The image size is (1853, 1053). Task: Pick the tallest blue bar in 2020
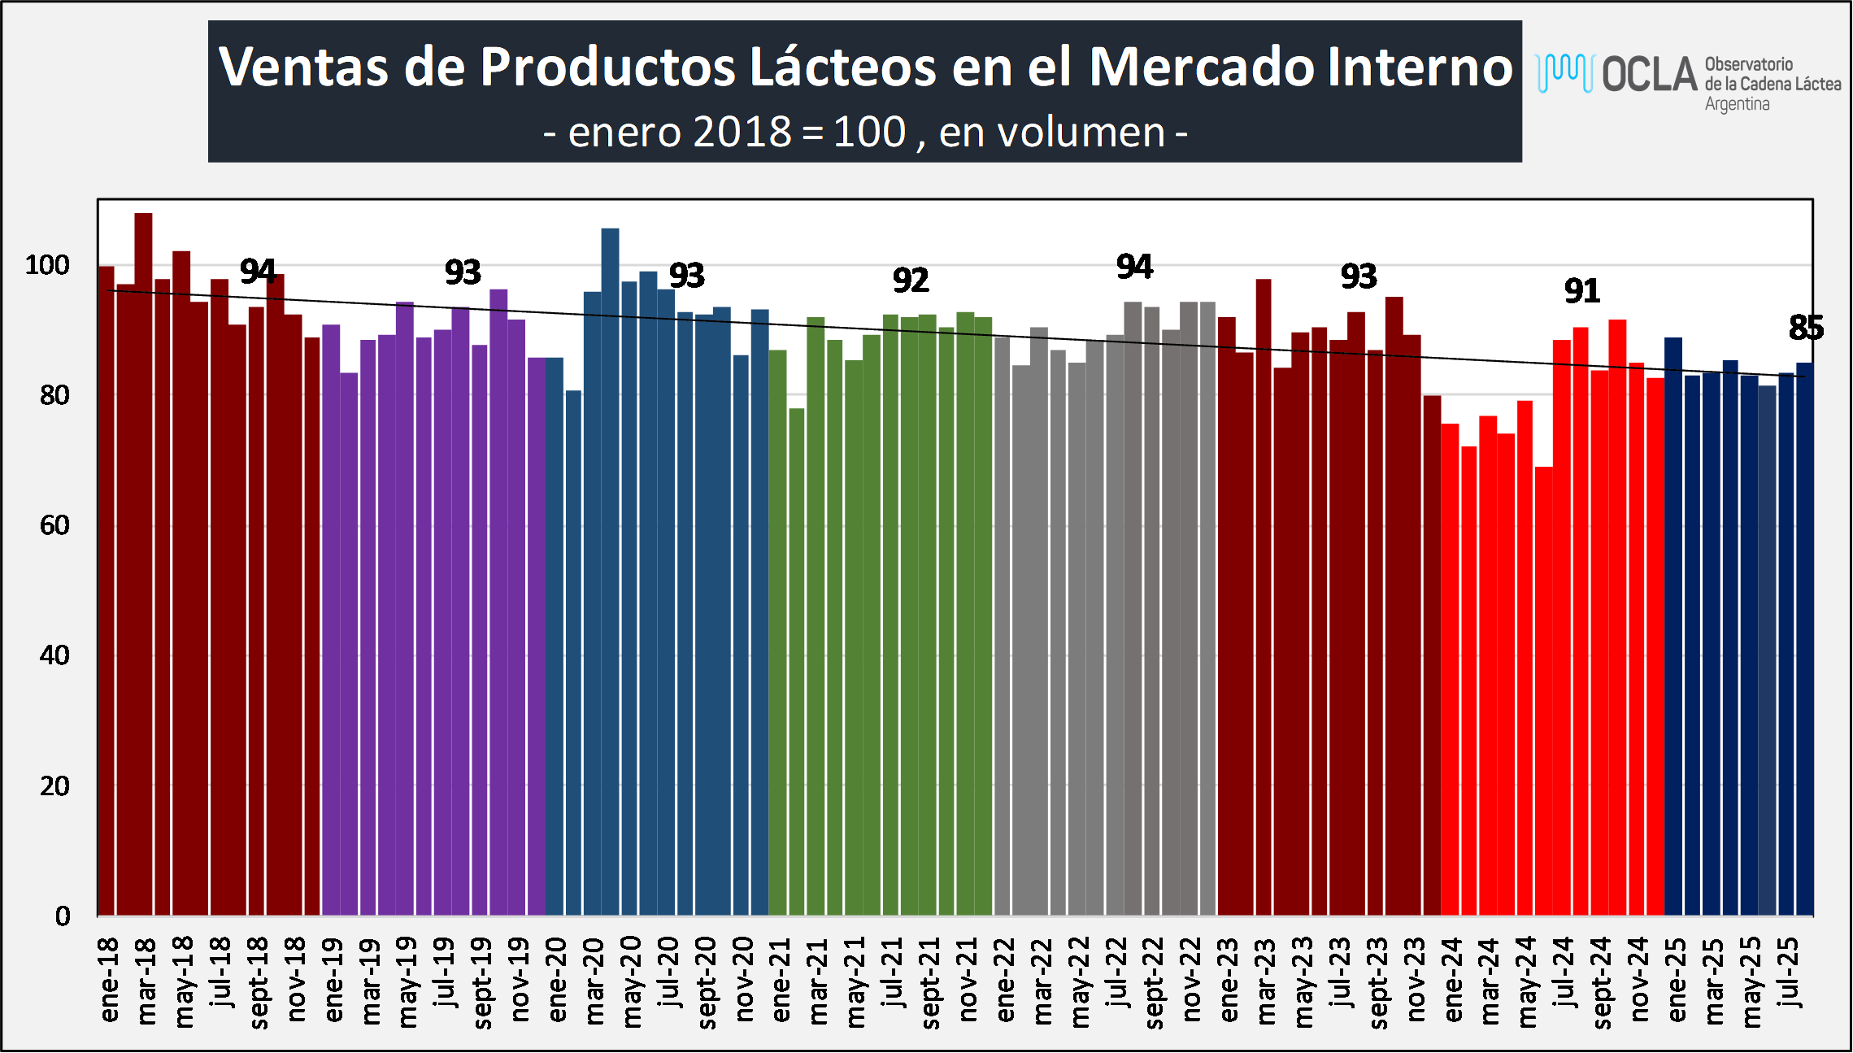point(610,569)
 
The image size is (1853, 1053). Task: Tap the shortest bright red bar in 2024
point(1543,691)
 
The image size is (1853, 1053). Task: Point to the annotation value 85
point(1806,328)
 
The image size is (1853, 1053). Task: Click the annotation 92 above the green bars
point(910,281)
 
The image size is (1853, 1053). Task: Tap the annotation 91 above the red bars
point(1581,291)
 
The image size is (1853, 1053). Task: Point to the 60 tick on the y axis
point(54,525)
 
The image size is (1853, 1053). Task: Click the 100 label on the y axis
point(47,265)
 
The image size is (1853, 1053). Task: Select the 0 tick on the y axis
point(63,916)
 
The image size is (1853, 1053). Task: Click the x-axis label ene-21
point(781,980)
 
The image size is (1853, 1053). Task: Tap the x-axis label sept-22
point(1154,982)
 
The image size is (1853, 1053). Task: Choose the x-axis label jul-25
point(1788,973)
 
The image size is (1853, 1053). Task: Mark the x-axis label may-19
point(407,981)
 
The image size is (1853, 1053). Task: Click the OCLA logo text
point(1650,75)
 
